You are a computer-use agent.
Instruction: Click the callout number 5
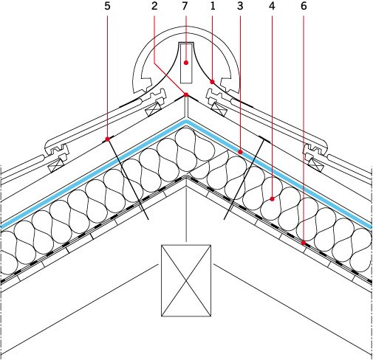pyautogui.click(x=107, y=6)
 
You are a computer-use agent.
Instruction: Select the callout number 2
pyautogui.click(x=154, y=6)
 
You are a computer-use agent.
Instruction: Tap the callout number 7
pyautogui.click(x=185, y=6)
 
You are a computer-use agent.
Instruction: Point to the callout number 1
pyautogui.click(x=213, y=6)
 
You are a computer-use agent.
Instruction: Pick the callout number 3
pyautogui.click(x=240, y=6)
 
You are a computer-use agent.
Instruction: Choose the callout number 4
pyautogui.click(x=272, y=6)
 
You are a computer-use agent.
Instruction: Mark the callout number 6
pyautogui.click(x=304, y=6)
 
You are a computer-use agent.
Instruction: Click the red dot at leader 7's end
pyautogui.click(x=186, y=63)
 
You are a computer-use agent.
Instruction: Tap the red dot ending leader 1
pyautogui.click(x=212, y=82)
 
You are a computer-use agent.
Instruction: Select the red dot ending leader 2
pyautogui.click(x=186, y=94)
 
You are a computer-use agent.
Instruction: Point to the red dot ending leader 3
pyautogui.click(x=240, y=152)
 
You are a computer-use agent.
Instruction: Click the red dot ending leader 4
pyautogui.click(x=272, y=199)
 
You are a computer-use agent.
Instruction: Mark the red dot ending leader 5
pyautogui.click(x=107, y=139)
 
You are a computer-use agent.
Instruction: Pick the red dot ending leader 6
pyautogui.click(x=304, y=243)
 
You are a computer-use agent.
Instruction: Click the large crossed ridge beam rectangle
pyautogui.click(x=186, y=280)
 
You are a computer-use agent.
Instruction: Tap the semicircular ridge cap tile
pyautogui.click(x=186, y=27)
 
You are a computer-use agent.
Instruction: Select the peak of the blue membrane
pyautogui.click(x=186, y=122)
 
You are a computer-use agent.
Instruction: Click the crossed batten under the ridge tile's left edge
pyautogui.click(x=154, y=108)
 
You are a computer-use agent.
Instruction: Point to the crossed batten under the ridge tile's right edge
pyautogui.click(x=219, y=108)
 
